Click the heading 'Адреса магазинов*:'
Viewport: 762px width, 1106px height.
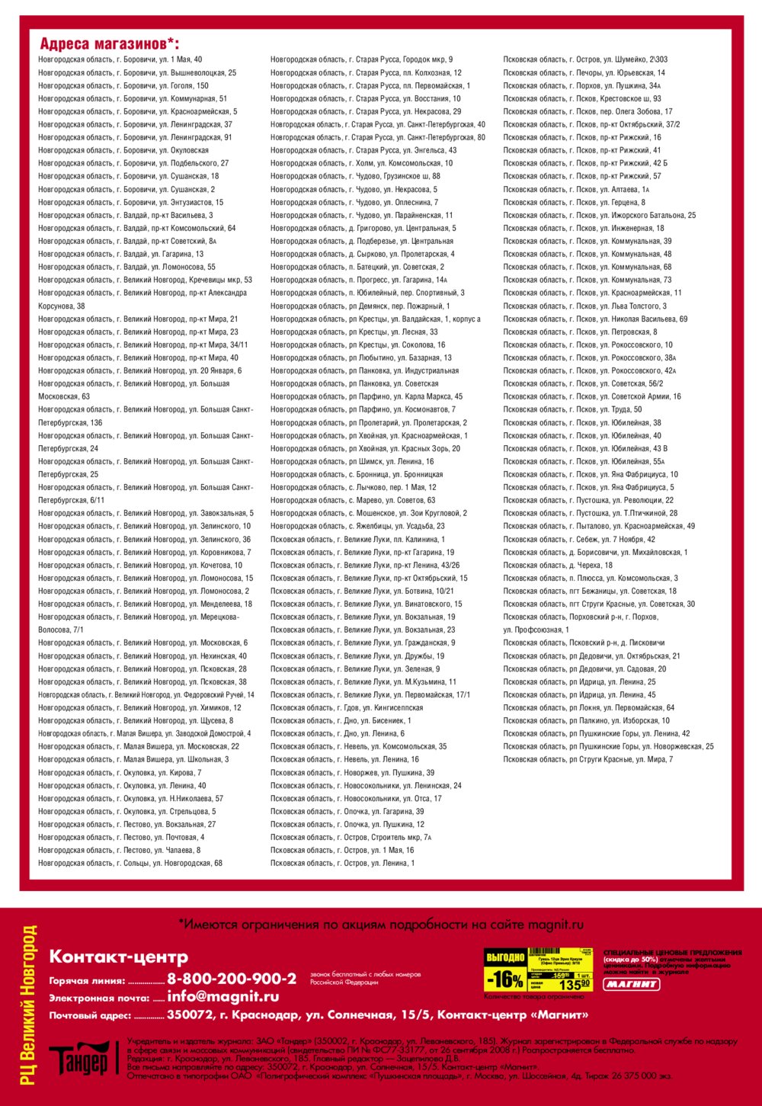click(110, 43)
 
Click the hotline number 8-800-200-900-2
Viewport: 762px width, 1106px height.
click(232, 979)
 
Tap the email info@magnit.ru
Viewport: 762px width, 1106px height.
click(223, 997)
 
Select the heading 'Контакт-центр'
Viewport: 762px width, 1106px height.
click(118, 957)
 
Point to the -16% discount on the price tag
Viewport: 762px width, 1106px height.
click(504, 979)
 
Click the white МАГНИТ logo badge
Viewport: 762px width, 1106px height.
click(632, 984)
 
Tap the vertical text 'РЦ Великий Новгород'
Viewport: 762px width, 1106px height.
click(28, 1004)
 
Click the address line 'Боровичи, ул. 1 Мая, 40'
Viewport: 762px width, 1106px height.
click(120, 59)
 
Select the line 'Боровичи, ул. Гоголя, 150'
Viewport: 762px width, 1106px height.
click(123, 85)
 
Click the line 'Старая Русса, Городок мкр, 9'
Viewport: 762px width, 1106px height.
click(361, 59)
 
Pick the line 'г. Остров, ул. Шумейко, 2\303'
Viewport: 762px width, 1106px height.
click(585, 59)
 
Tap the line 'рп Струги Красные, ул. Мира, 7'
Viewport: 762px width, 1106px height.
click(588, 759)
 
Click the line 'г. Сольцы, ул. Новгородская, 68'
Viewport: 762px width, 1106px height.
click(130, 863)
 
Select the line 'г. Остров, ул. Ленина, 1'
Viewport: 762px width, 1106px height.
click(342, 863)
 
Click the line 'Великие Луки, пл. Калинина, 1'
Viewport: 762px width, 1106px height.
click(357, 539)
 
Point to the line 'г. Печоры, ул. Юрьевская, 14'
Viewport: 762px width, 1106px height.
click(584, 72)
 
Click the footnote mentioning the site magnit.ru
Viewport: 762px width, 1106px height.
click(381, 925)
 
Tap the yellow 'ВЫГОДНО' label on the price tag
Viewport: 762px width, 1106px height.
click(504, 957)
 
